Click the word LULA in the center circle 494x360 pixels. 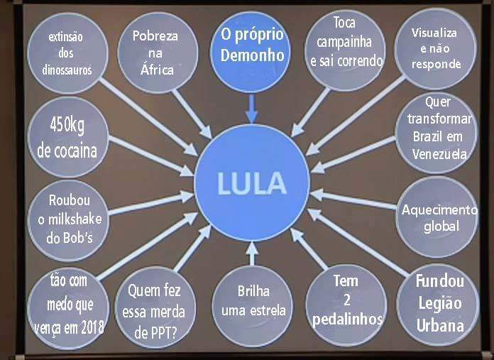pyautogui.click(x=252, y=183)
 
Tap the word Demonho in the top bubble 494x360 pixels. pyautogui.click(x=253, y=55)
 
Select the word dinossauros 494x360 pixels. pyautogui.click(x=67, y=70)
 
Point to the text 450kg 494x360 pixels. pyautogui.click(x=67, y=126)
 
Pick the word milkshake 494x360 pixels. pyautogui.click(x=75, y=219)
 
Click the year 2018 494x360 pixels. pyautogui.click(x=92, y=328)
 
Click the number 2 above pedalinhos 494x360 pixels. pyautogui.click(x=347, y=300)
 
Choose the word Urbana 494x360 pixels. pyautogui.click(x=440, y=326)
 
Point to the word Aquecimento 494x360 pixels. pyautogui.click(x=439, y=209)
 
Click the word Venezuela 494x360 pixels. pyautogui.click(x=439, y=154)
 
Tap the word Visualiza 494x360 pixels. pyautogui.click(x=434, y=33)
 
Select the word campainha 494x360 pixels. pyautogui.click(x=344, y=42)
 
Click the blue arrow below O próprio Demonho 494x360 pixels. pyautogui.click(x=252, y=109)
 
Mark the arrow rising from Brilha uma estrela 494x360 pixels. pyautogui.click(x=252, y=253)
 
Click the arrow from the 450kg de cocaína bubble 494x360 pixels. pyautogui.click(x=151, y=156)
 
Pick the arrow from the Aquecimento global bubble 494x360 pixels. pyautogui.click(x=353, y=199)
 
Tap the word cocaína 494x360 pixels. pyautogui.click(x=67, y=151)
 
